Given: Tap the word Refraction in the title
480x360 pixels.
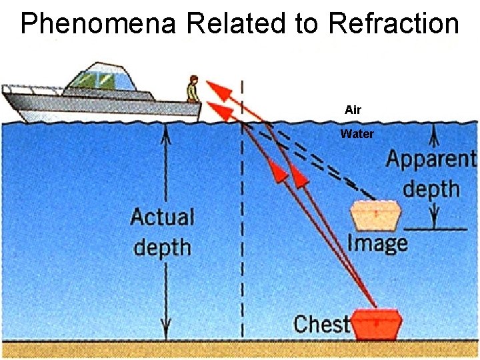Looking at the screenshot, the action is point(393,23).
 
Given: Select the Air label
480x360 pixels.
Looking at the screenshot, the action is point(353,110).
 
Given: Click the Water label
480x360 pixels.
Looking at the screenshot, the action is point(357,134).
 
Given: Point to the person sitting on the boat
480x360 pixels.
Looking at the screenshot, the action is point(193,88).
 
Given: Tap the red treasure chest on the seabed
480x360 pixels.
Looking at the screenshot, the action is point(377,323).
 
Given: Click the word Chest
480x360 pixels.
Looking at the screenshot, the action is point(321,324).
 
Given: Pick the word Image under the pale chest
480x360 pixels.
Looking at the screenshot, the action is point(377,243).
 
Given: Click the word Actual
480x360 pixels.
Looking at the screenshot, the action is point(163,217).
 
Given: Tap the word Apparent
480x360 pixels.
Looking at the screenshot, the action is point(431,159).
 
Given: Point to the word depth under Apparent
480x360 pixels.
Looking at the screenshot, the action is point(431,188).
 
